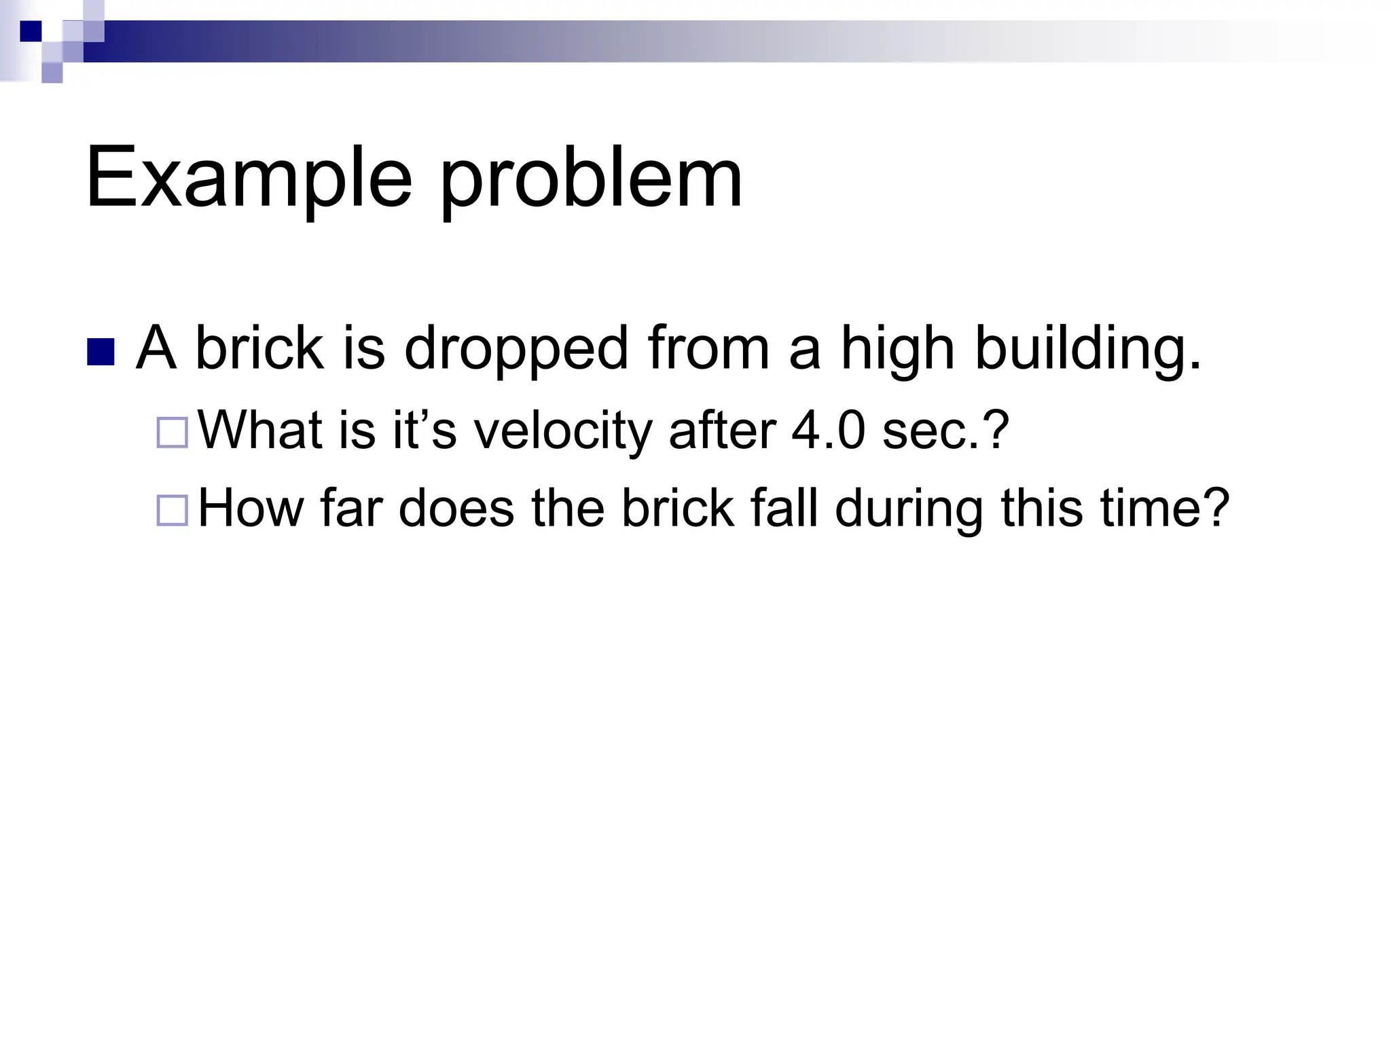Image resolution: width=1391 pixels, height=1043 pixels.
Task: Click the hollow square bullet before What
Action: (x=172, y=433)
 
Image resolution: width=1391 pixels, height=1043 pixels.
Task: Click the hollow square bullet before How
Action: (x=172, y=511)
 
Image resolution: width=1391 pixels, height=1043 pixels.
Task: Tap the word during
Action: (x=909, y=510)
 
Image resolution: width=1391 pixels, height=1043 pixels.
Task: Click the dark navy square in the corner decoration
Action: (x=31, y=31)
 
